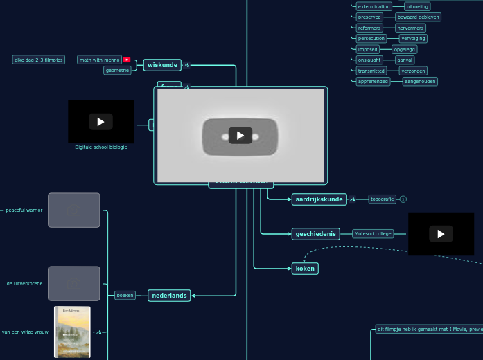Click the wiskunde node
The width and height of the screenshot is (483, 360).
click(162, 65)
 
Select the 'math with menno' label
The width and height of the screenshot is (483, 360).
click(99, 60)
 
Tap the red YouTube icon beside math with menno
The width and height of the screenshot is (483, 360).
click(126, 60)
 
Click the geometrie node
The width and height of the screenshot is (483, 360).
click(117, 70)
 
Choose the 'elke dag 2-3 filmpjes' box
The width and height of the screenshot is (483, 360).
click(39, 60)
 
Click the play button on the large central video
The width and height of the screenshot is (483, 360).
click(240, 135)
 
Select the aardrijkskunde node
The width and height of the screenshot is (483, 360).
click(319, 199)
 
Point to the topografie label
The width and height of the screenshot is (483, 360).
click(382, 199)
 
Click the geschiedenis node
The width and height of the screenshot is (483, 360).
click(315, 234)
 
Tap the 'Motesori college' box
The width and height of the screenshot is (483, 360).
click(373, 234)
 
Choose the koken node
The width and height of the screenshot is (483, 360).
click(305, 269)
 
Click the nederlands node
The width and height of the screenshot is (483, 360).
click(169, 296)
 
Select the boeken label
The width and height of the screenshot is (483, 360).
click(125, 295)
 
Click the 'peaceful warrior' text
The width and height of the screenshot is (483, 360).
click(24, 210)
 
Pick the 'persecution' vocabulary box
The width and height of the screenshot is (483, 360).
click(371, 39)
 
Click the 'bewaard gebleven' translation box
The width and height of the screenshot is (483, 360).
click(418, 17)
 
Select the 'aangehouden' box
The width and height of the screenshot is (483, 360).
click(420, 81)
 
